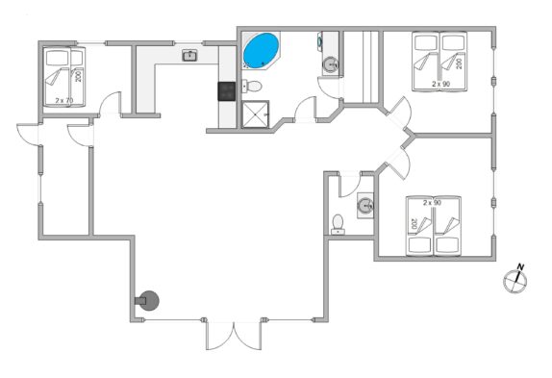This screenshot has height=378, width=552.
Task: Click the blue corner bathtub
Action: click(261, 51)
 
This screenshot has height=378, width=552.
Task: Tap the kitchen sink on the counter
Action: click(189, 55)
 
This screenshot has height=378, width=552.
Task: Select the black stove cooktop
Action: click(227, 91)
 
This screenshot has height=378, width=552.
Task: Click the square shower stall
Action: click(256, 114)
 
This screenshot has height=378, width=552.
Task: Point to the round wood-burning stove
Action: click(147, 300)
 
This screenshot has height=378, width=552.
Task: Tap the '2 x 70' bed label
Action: click(64, 101)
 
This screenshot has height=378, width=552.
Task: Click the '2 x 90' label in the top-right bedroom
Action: click(441, 84)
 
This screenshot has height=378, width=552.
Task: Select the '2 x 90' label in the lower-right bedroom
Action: click(432, 203)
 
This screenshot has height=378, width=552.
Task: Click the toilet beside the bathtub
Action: click(252, 86)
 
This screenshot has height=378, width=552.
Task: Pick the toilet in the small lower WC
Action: click(338, 224)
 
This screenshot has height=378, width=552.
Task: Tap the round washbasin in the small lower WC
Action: click(365, 205)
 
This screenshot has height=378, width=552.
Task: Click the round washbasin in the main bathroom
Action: click(331, 64)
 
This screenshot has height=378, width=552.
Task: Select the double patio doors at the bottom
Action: click(234, 335)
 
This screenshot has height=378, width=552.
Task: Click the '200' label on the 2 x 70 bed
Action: click(78, 76)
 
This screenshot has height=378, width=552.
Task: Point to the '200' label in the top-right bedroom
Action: click(459, 63)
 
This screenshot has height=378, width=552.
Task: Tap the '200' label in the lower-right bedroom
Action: click(414, 223)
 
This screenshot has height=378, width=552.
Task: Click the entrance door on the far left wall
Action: click(28, 134)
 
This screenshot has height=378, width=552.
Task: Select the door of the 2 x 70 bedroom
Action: click(111, 103)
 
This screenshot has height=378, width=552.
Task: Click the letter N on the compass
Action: click(520, 266)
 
